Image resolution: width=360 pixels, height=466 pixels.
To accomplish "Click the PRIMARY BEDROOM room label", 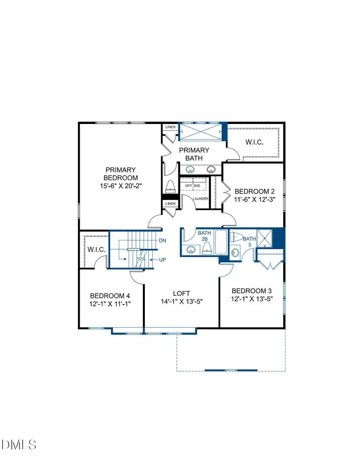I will tap(120, 174).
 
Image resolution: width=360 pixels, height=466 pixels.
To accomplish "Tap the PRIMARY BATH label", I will tap(194, 154).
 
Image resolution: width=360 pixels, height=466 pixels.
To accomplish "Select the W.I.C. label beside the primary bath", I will tap(254, 142).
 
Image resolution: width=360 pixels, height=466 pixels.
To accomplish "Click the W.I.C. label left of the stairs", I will tap(96, 250).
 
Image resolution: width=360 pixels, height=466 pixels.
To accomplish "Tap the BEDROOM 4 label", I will tap(110, 296).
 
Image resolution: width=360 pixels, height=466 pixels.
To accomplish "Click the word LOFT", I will tap(182, 293).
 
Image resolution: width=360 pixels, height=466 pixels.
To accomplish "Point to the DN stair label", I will tap(163, 241).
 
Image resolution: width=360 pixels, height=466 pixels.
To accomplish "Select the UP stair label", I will tap(162, 260).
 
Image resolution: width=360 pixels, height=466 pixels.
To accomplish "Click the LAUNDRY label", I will tap(201, 199).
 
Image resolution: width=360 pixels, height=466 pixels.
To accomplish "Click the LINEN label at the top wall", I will tap(170, 127).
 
